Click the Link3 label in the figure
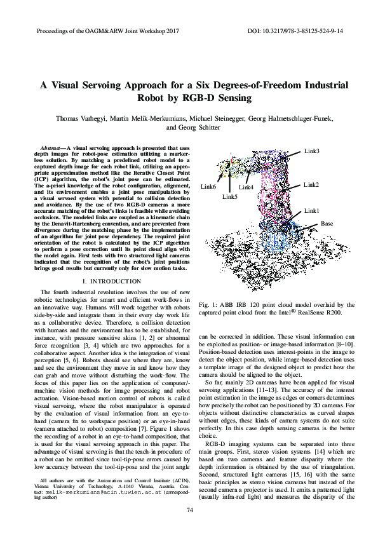(311, 151)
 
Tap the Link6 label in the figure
(208, 187)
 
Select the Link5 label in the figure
(230, 197)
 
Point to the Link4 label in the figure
(246, 187)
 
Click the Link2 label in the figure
(311, 185)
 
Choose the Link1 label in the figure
(311, 210)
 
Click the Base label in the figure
(327, 224)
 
